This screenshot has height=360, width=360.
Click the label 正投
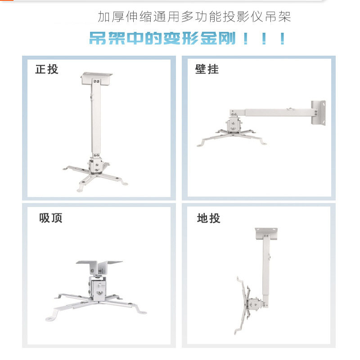coord(47,69)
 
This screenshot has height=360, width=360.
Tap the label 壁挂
coord(207,69)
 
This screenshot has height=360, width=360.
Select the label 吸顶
coord(50,218)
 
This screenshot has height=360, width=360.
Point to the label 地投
coord(209,218)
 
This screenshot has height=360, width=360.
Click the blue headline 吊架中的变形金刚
coord(162,38)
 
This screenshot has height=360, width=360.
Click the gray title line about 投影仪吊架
coord(194,17)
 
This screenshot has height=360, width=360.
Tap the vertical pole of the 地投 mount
coord(266,270)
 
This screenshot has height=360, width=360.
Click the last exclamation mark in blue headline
coord(282,39)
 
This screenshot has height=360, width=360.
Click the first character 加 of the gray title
coord(104,17)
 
